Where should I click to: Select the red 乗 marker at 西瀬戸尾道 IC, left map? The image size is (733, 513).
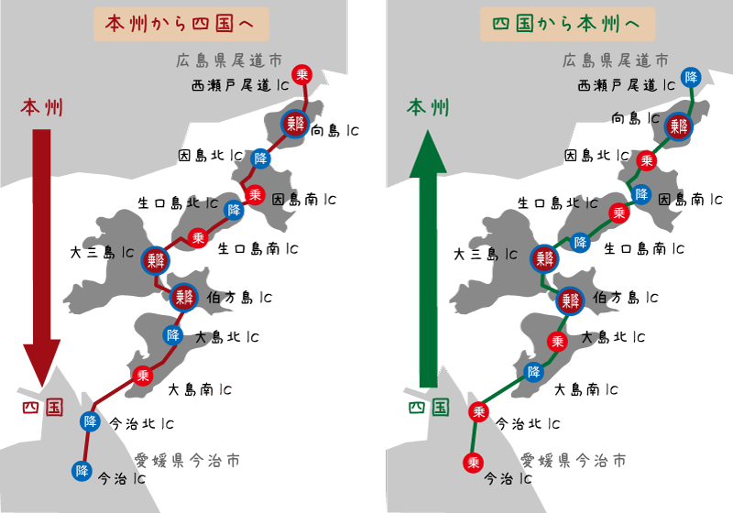point(302,74)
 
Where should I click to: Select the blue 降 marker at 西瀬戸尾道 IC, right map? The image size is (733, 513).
point(692,76)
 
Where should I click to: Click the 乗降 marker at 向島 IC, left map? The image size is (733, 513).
point(294,124)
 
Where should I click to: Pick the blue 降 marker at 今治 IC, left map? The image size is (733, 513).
point(82,471)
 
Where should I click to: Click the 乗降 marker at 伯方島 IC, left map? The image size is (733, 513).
point(183,296)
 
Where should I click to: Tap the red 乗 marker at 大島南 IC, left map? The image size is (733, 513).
point(142,375)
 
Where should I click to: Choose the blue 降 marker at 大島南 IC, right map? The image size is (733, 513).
point(534,372)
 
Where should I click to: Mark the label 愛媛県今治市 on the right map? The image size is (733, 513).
point(574,459)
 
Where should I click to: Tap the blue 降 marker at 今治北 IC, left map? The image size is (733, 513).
point(90,421)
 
